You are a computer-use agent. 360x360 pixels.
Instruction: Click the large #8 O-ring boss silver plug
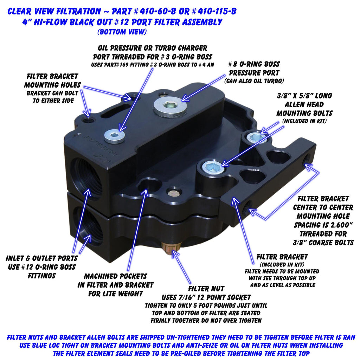(x=170, y=106)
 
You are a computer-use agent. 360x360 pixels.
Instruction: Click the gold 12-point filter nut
(x=171, y=250)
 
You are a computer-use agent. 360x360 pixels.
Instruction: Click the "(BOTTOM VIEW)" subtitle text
(x=122, y=32)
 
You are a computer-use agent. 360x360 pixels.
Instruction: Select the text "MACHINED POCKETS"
(x=115, y=276)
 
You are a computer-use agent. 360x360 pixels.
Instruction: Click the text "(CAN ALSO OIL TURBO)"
(x=254, y=81)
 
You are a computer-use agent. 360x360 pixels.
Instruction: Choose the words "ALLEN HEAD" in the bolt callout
(x=304, y=104)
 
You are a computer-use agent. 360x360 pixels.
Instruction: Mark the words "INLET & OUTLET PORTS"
(x=41, y=258)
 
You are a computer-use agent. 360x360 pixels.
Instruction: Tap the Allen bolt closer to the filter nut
(x=212, y=167)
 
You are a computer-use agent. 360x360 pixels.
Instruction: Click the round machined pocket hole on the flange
(x=149, y=185)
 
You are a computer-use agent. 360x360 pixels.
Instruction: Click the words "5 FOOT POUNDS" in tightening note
(x=210, y=306)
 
